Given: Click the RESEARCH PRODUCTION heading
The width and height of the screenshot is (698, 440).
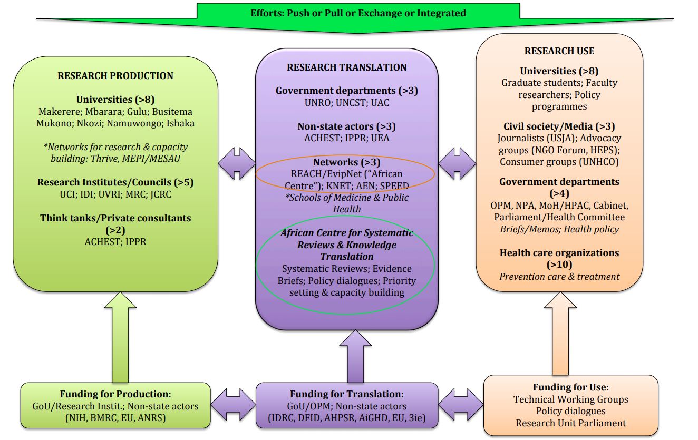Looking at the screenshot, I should click(115, 76).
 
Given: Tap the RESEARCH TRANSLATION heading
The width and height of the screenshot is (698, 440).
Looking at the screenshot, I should click(346, 67).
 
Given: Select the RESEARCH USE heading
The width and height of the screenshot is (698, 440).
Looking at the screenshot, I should click(559, 51).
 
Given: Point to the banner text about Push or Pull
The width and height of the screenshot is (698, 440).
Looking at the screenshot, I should click(358, 13).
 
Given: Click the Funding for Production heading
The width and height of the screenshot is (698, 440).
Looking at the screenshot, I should click(115, 394).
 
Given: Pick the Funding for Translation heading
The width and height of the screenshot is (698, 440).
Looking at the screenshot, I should click(347, 394).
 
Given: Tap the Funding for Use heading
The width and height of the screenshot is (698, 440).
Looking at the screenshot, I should click(570, 387).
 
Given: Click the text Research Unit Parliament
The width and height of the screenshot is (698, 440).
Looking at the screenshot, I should click(570, 423).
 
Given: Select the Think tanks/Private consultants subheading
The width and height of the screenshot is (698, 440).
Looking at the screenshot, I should click(115, 218).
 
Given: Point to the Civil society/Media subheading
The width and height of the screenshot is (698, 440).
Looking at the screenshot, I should click(559, 126).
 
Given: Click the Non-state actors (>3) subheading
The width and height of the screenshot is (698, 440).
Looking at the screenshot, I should click(346, 126).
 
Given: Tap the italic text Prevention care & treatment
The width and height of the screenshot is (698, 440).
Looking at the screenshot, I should click(559, 276).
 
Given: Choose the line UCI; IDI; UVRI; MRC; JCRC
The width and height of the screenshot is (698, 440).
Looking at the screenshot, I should click(115, 194).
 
